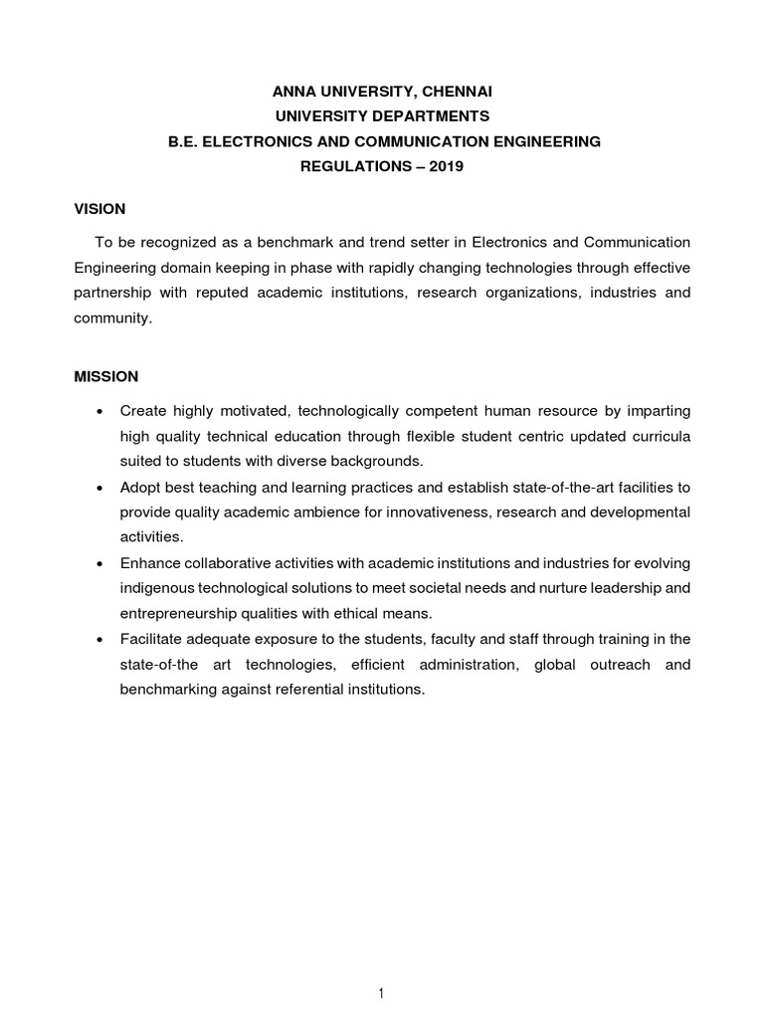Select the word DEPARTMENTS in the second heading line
(432, 116)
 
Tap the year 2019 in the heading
(447, 167)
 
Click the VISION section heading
(99, 209)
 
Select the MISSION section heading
(106, 377)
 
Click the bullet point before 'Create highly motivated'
(98, 412)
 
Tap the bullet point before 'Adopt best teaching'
(98, 488)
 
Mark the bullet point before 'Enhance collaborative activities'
(98, 564)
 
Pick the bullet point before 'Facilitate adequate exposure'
(98, 640)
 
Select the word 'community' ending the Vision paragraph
(112, 319)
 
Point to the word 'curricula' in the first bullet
(658, 436)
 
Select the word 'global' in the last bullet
(559, 664)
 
